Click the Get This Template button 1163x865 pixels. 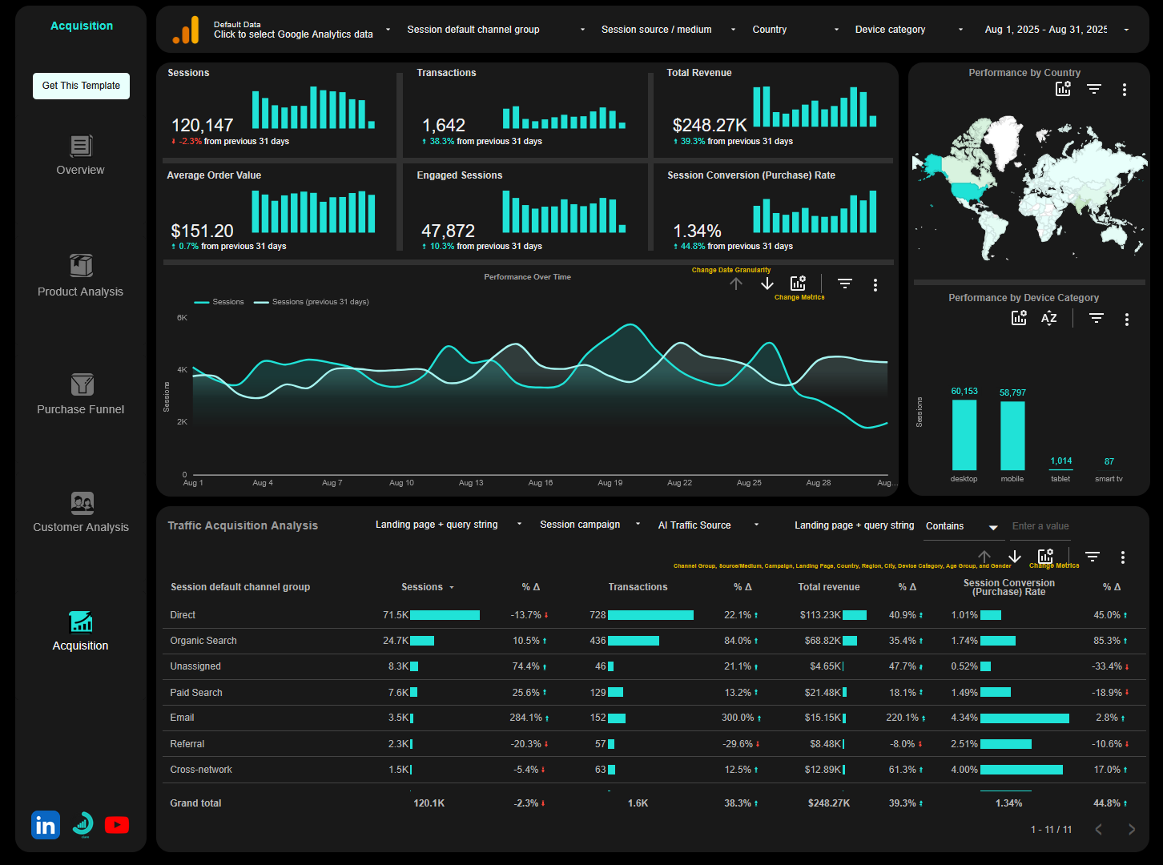point(81,86)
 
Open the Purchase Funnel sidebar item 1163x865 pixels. point(81,395)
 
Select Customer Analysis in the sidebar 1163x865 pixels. point(81,513)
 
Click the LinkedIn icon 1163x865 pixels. point(46,825)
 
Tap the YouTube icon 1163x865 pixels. point(117,825)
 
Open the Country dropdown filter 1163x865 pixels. point(795,30)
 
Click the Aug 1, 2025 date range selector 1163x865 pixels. point(1056,30)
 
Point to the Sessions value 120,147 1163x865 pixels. point(203,126)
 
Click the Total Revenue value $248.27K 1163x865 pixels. point(710,126)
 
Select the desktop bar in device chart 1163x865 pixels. point(964,435)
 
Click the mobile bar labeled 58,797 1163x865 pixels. point(1012,435)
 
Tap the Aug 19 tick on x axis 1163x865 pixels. point(610,483)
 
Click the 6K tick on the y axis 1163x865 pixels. point(183,318)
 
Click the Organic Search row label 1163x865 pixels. point(203,641)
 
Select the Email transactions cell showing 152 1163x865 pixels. point(598,718)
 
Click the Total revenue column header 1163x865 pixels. point(828,587)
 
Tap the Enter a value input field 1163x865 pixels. point(1040,526)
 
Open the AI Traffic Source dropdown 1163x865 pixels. point(707,525)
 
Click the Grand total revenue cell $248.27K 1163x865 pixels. point(828,803)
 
